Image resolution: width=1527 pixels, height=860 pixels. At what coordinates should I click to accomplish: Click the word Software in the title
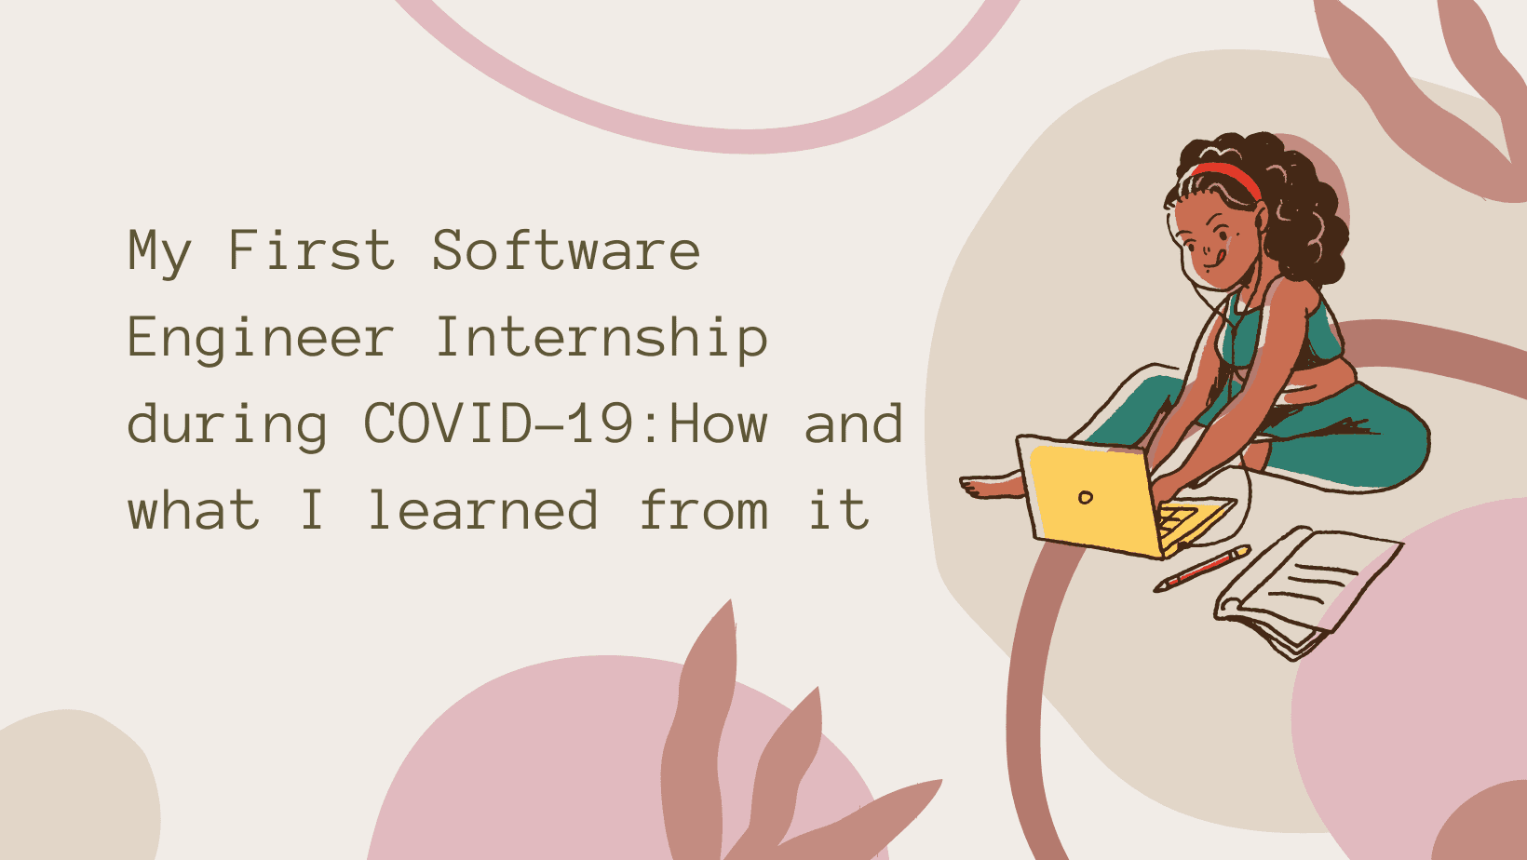pos(566,250)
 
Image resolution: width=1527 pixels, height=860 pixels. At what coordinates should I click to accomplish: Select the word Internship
pos(601,337)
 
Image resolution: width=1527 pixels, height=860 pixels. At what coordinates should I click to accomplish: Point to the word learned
pos(483,509)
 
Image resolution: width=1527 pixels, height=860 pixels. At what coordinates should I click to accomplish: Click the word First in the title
pos(312,250)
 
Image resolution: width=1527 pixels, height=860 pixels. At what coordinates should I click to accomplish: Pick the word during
pos(227,426)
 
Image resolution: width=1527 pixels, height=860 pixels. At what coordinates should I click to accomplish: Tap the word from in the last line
pos(704,509)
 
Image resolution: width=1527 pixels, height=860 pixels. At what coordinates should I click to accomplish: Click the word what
pos(194,509)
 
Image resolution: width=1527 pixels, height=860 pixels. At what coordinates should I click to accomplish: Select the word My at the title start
pos(159,253)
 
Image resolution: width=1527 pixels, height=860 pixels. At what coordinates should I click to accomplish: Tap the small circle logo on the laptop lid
pos(1086,497)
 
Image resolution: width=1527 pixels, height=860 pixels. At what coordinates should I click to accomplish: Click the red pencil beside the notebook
pos(1202,569)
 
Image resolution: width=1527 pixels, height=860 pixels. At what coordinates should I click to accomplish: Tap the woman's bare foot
pos(991,486)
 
